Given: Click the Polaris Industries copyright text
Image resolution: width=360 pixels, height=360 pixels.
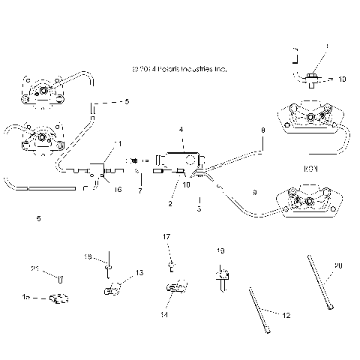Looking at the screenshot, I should pyautogui.click(x=178, y=68).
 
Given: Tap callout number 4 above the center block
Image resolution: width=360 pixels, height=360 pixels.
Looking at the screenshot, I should pyautogui.click(x=181, y=130).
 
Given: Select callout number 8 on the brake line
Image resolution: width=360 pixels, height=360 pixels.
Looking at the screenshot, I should pyautogui.click(x=262, y=130).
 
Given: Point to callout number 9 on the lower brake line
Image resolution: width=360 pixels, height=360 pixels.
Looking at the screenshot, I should pyautogui.click(x=254, y=193).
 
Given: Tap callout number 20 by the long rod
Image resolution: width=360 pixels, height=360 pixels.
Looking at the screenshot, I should pyautogui.click(x=337, y=265).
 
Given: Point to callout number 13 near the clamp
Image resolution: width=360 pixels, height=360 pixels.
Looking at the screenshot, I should pyautogui.click(x=139, y=272).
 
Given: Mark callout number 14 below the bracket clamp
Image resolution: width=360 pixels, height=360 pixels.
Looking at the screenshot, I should pyautogui.click(x=163, y=316).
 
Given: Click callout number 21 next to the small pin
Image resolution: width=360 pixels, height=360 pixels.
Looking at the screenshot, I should pyautogui.click(x=35, y=269).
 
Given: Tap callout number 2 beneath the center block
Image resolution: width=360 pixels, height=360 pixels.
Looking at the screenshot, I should pyautogui.click(x=170, y=203).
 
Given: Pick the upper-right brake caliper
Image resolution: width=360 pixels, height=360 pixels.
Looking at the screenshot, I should pyautogui.click(x=309, y=118).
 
